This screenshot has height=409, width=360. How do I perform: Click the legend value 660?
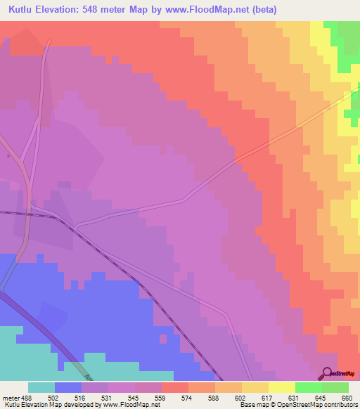346,397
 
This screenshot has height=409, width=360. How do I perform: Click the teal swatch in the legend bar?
41,387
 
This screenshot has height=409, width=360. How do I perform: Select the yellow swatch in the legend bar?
282,387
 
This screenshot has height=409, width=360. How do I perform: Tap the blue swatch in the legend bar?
68,387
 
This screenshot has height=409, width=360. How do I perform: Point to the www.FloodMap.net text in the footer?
130,405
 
